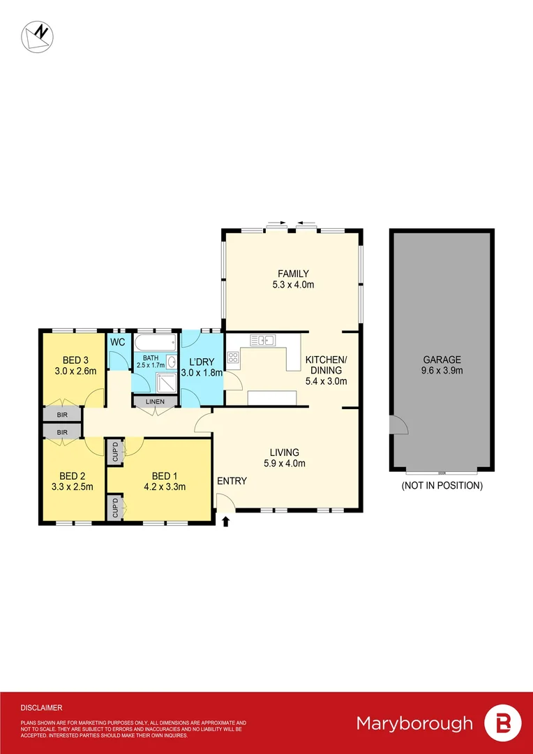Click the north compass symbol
pyautogui.click(x=38, y=36)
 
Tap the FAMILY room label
pyautogui.click(x=292, y=274)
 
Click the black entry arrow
pyautogui.click(x=225, y=521)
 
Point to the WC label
pyautogui.click(x=117, y=342)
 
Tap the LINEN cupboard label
pyautogui.click(x=155, y=401)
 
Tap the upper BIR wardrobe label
pyautogui.click(x=62, y=415)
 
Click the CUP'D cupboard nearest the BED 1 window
pyautogui.click(x=114, y=507)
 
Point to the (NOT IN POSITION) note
pyautogui.click(x=442, y=485)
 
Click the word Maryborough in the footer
pyautogui.click(x=414, y=723)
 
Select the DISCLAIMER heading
pyautogui.click(x=41, y=707)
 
